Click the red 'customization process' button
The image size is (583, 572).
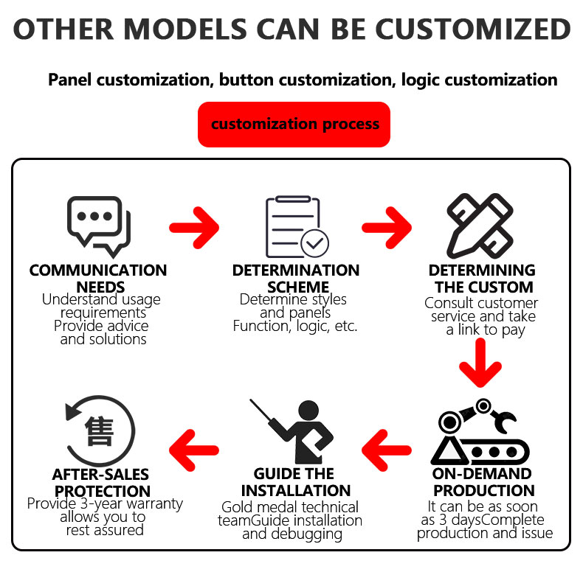(294, 124)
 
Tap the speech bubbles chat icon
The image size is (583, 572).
(98, 226)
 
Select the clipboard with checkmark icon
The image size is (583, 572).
(295, 226)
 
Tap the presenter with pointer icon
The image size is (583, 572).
(293, 430)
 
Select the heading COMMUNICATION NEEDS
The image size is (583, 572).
(98, 279)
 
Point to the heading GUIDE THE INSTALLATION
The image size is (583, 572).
(294, 482)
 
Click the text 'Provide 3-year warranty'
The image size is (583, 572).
(105, 504)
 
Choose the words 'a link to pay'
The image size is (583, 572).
(485, 330)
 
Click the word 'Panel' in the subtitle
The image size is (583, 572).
(70, 79)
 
